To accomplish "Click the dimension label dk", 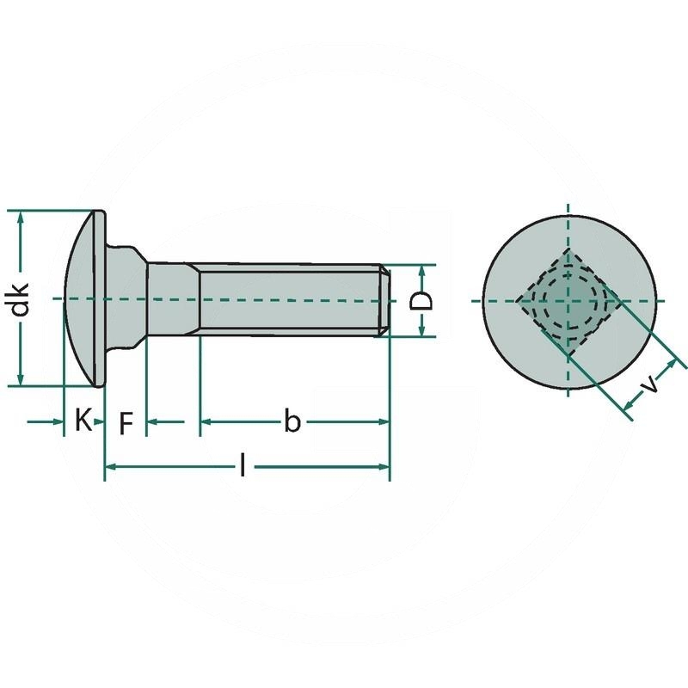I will tap(21, 298).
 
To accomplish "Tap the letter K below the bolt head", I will tap(83, 421).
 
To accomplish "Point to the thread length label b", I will tap(292, 421).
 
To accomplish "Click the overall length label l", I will tap(243, 466).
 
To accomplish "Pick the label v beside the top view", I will tap(652, 384).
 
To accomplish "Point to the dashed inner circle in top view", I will tap(568, 299).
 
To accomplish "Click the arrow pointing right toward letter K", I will tap(58, 421).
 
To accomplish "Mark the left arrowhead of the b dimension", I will tap(207, 421).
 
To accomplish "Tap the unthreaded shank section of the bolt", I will tap(173, 298).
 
